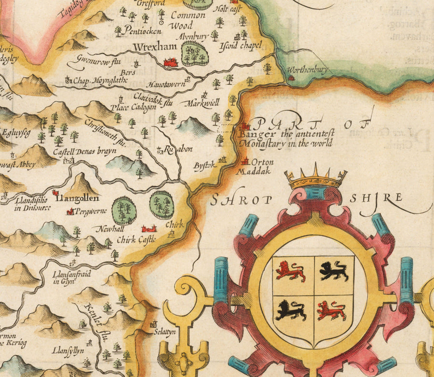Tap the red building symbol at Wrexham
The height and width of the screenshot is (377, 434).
pos(170,62)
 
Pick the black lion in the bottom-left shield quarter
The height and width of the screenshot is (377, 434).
pos(291,311)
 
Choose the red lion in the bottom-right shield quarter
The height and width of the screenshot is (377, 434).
pos(332,310)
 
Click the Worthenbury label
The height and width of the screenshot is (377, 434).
pos(309,70)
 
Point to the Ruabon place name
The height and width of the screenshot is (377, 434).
pos(175,150)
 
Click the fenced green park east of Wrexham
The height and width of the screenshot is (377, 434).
pos(193,54)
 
